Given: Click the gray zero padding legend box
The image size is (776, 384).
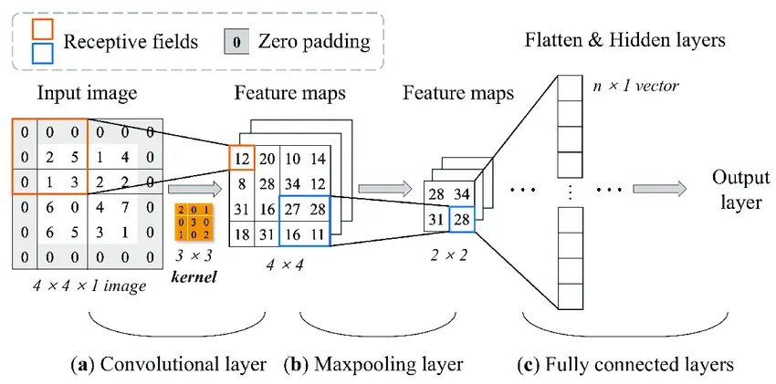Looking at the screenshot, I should (236, 41).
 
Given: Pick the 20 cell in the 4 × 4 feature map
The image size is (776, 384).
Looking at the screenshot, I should (267, 159).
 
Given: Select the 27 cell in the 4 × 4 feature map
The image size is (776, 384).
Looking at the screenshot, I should (292, 209).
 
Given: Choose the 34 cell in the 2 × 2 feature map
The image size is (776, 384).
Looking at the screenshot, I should (462, 196).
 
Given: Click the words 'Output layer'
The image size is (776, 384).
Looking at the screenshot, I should (738, 189).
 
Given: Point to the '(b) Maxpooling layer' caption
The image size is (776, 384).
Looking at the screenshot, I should (373, 364).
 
